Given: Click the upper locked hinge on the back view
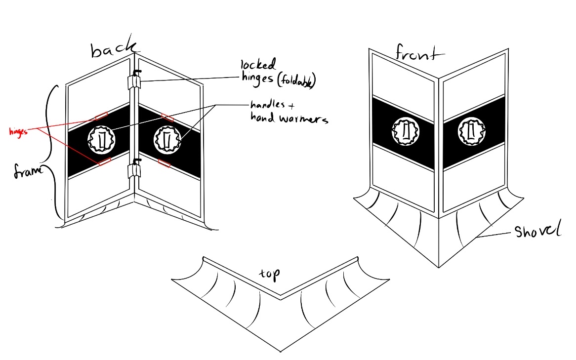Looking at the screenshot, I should click(x=133, y=81).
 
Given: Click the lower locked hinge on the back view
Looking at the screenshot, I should click(x=133, y=170).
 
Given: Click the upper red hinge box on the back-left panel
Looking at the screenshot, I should click(x=101, y=116).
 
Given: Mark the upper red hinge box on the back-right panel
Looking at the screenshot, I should click(x=168, y=117).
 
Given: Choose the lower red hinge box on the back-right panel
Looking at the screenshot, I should click(x=164, y=163).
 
